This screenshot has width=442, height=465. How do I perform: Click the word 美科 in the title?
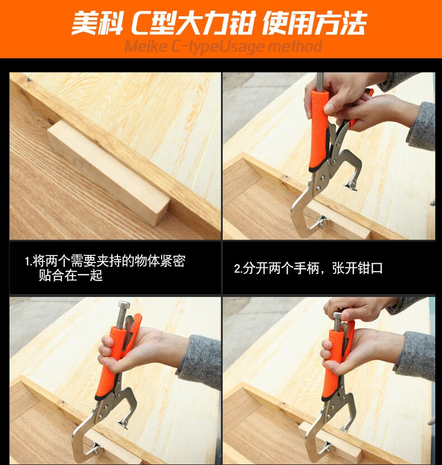[x=97, y=23]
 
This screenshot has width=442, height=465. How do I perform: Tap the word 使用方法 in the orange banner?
[x=314, y=22]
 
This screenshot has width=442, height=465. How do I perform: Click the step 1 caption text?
[x=105, y=268]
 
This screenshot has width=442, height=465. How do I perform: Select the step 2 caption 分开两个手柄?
[x=277, y=268]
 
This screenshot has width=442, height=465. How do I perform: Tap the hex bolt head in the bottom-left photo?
[x=124, y=305]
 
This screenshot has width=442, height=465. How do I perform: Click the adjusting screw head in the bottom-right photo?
[x=337, y=315]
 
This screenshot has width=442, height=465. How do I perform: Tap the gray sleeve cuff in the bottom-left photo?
[x=199, y=361]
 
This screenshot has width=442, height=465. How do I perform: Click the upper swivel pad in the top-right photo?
[x=351, y=185]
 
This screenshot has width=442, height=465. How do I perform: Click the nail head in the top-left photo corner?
[x=29, y=79]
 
